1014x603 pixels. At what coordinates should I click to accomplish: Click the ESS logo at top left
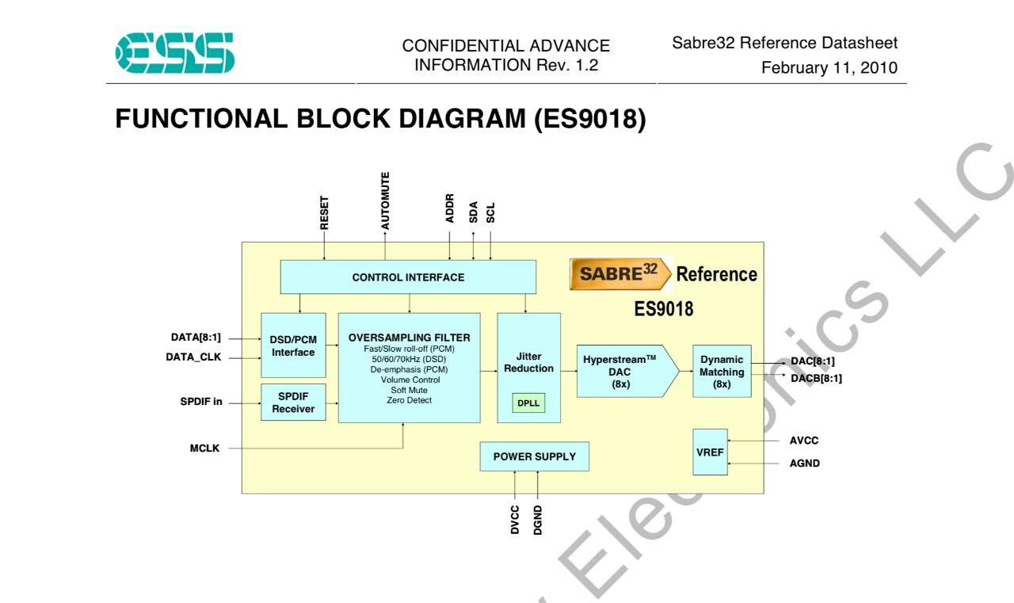175,52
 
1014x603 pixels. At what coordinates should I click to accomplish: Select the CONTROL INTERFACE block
408,277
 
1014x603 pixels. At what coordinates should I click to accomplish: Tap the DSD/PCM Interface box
293,345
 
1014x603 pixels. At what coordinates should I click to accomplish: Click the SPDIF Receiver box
293,402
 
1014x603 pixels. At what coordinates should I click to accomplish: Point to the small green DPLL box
528,403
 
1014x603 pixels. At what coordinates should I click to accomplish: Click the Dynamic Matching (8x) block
722,371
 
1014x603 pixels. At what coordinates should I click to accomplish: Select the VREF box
710,452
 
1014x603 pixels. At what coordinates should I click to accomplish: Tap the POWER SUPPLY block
534,456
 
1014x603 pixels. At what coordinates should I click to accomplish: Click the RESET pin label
324,213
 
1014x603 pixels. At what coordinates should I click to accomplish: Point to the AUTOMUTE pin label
385,200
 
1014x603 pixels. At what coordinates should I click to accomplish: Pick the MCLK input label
204,448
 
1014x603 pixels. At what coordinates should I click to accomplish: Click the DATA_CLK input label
193,357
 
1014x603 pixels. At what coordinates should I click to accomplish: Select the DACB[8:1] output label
816,378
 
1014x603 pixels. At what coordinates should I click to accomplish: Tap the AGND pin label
804,463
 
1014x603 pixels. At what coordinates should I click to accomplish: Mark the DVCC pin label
515,520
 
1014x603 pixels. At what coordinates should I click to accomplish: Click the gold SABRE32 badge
619,273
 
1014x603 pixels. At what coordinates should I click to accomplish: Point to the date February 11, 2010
829,67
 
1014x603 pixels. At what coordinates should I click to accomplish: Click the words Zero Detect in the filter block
409,400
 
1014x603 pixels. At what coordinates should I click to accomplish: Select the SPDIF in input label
201,402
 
